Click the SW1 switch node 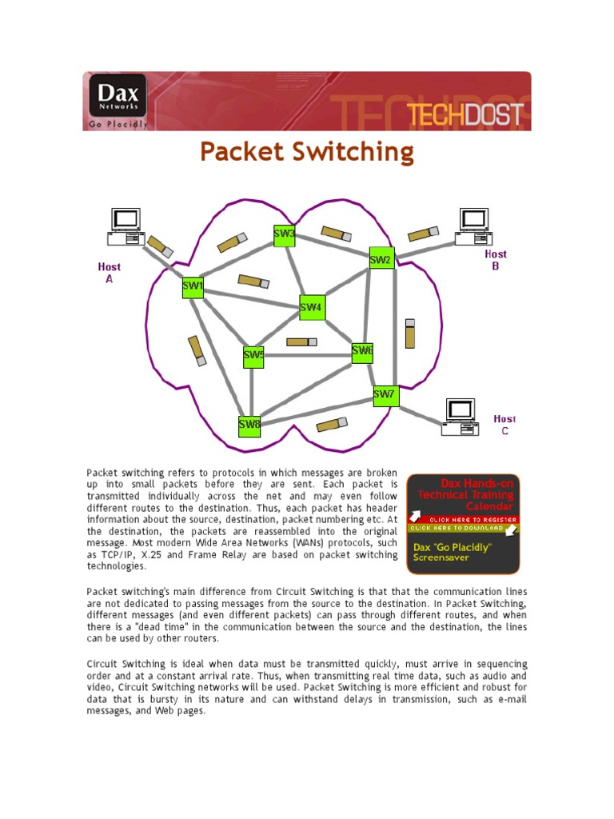tap(193, 286)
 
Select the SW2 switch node tap(381, 258)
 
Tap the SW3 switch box tap(285, 235)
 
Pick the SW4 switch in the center tap(312, 306)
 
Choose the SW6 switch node tap(363, 351)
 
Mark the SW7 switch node tap(385, 395)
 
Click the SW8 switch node tap(249, 425)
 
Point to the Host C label tap(504, 425)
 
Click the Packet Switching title tap(307, 152)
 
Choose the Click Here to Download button tap(463, 528)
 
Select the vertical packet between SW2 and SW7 tap(410, 333)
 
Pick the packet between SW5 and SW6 tap(301, 342)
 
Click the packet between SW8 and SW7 tap(332, 424)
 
